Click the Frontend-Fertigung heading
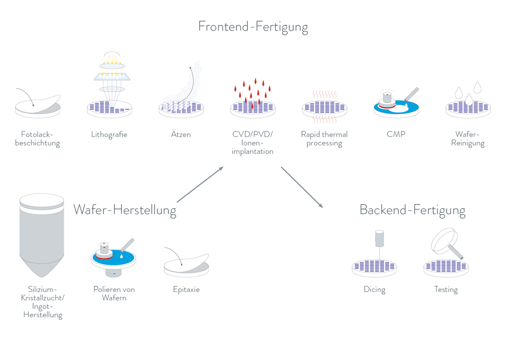[x=253, y=27]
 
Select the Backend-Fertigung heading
[x=412, y=210]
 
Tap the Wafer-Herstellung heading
[x=125, y=210]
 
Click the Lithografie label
[x=109, y=134]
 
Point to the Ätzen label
[x=181, y=134]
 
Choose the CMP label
[x=396, y=134]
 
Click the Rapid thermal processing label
[x=324, y=139]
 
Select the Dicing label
[x=374, y=289]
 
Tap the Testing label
[x=446, y=289]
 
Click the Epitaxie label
[x=186, y=289]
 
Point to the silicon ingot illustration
[x=42, y=236]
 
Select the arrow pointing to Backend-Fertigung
[x=302, y=187]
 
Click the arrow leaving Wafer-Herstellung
[x=200, y=185]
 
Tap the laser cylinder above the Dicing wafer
[x=379, y=238]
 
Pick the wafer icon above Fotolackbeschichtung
[x=38, y=105]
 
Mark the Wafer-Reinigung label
[x=468, y=139]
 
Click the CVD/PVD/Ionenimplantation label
[x=253, y=143]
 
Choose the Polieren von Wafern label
[x=114, y=293]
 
